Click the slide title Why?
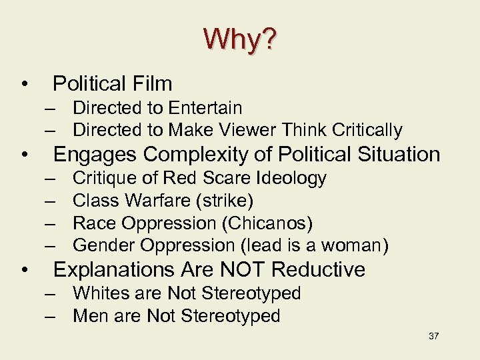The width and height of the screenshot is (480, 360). (x=239, y=40)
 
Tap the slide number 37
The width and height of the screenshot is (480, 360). (x=433, y=336)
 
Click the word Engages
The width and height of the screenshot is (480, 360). (x=95, y=155)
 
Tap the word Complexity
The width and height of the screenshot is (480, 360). (x=196, y=155)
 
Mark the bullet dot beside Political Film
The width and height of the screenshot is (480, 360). (x=24, y=85)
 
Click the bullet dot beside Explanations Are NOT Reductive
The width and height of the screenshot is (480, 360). (x=24, y=271)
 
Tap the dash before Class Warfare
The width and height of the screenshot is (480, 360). (x=51, y=200)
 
